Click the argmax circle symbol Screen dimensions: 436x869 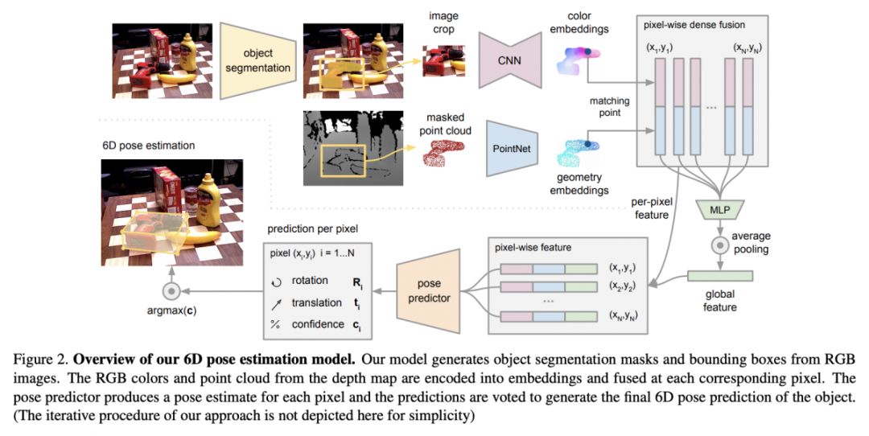[x=170, y=290]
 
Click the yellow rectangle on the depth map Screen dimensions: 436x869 [x=343, y=160]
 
